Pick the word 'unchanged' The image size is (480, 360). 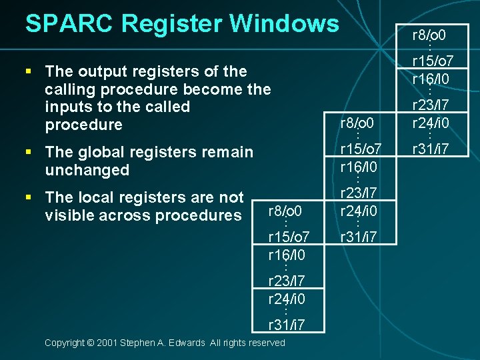[x=87, y=170]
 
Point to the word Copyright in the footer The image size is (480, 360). [x=65, y=343]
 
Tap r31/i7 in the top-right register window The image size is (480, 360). [x=430, y=147]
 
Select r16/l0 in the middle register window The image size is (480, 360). [x=359, y=166]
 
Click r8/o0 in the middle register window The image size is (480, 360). [x=359, y=123]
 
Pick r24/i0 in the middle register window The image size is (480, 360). [x=359, y=212]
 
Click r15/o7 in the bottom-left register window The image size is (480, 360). [x=287, y=237]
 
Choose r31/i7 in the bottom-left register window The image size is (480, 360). [x=287, y=325]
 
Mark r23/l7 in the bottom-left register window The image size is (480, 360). [x=287, y=281]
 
